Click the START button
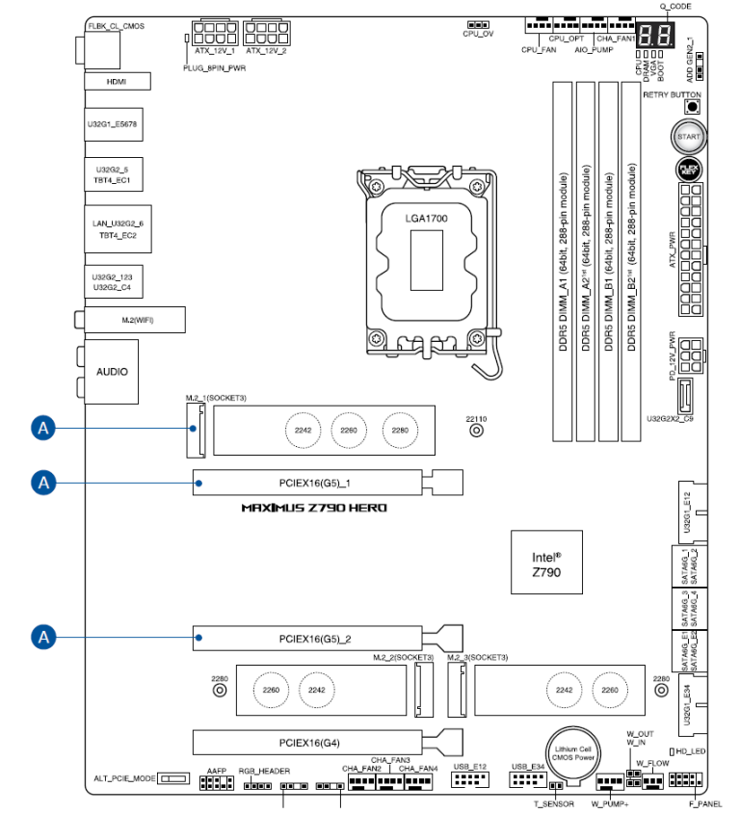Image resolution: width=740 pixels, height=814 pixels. pyautogui.click(x=689, y=137)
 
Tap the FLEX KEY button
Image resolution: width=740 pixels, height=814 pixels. pyautogui.click(x=689, y=170)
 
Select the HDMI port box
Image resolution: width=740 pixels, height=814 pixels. pyautogui.click(x=118, y=82)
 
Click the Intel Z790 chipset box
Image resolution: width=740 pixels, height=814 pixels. pyautogui.click(x=546, y=563)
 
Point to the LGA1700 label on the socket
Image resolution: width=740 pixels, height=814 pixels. pyautogui.click(x=426, y=219)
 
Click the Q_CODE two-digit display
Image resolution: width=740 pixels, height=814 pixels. pyautogui.click(x=655, y=36)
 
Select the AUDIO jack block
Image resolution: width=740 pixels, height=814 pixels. pyautogui.click(x=112, y=372)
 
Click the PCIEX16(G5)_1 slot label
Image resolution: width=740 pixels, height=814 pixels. pyautogui.click(x=315, y=484)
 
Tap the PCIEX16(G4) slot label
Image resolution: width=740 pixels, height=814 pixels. pyautogui.click(x=309, y=743)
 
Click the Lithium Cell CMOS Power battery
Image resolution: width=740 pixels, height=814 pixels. pyautogui.click(x=572, y=753)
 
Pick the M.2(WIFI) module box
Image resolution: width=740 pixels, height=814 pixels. pyautogui.click(x=135, y=320)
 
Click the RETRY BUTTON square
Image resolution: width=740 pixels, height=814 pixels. pyautogui.click(x=692, y=107)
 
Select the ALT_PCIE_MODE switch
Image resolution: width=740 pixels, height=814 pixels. pyautogui.click(x=173, y=778)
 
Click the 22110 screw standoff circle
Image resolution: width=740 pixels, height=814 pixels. pyautogui.click(x=476, y=431)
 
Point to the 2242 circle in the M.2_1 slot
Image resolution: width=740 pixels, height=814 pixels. pyautogui.click(x=303, y=431)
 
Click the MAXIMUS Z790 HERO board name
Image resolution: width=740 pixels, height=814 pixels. pyautogui.click(x=314, y=508)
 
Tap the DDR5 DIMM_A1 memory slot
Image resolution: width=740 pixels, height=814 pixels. pyautogui.click(x=563, y=261)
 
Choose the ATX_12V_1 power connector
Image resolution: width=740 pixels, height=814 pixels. pyautogui.click(x=215, y=33)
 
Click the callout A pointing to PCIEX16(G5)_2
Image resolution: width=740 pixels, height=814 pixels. pyautogui.click(x=43, y=637)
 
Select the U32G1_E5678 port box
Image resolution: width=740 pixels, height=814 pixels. pyautogui.click(x=114, y=124)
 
